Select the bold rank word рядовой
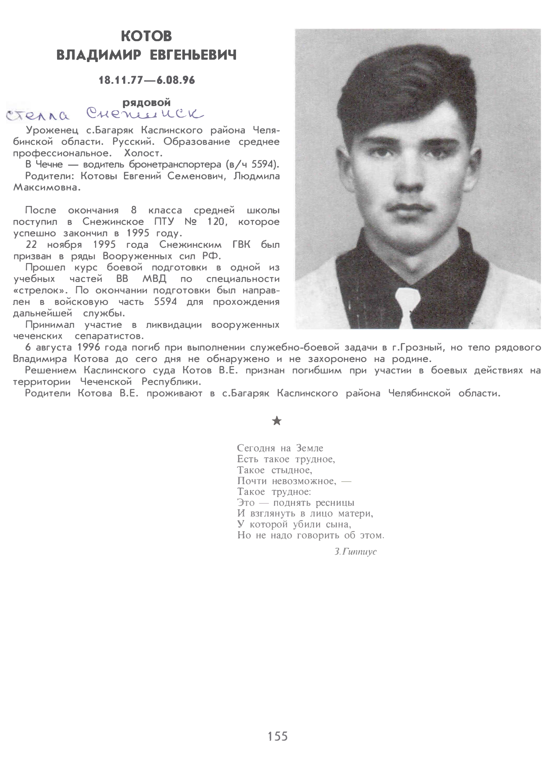click(146, 102)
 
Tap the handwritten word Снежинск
click(145, 114)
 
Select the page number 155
click(278, 736)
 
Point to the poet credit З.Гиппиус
click(355, 552)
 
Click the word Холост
click(143, 153)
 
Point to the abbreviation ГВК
click(241, 245)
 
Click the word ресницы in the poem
click(335, 503)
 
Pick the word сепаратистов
click(109, 336)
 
